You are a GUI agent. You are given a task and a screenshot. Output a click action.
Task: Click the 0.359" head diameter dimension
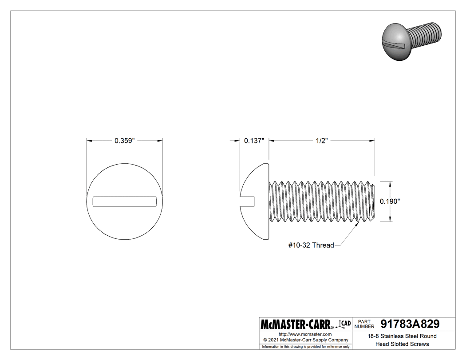pyautogui.click(x=124, y=141)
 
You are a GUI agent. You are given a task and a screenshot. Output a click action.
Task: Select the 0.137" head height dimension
pyautogui.click(x=254, y=141)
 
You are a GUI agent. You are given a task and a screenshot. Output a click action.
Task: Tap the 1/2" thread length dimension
pyautogui.click(x=322, y=141)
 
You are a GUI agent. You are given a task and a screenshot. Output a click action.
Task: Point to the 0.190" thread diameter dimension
pyautogui.click(x=390, y=201)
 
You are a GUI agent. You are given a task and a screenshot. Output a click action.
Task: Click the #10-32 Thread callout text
pyautogui.click(x=311, y=245)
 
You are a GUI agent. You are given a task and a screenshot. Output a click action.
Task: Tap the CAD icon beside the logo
pyautogui.click(x=345, y=324)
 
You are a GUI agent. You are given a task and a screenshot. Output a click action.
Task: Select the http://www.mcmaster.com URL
pyautogui.click(x=305, y=334)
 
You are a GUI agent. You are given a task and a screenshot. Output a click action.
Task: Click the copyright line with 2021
pyautogui.click(x=305, y=340)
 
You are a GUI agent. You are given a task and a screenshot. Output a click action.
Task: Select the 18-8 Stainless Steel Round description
pyautogui.click(x=402, y=336)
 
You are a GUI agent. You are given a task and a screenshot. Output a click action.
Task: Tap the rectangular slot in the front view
pyautogui.click(x=125, y=201)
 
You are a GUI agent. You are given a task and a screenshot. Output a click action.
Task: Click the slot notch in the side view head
pyautogui.click(x=248, y=201)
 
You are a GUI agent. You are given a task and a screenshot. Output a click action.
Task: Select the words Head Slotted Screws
pyautogui.click(x=402, y=344)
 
